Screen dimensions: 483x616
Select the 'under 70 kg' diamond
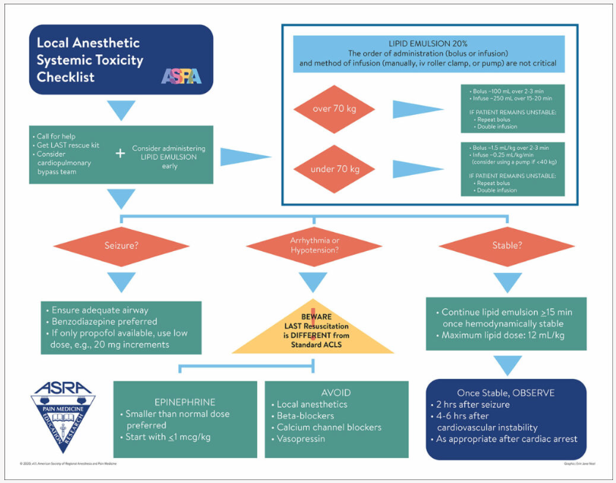tap(334, 169)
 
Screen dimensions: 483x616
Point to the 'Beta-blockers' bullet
tap(305, 416)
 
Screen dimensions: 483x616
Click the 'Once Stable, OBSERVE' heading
tap(505, 392)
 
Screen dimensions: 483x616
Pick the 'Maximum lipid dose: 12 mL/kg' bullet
tap(503, 335)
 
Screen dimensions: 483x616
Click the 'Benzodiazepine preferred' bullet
tap(109, 321)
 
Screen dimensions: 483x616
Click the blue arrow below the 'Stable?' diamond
tap(506, 282)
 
